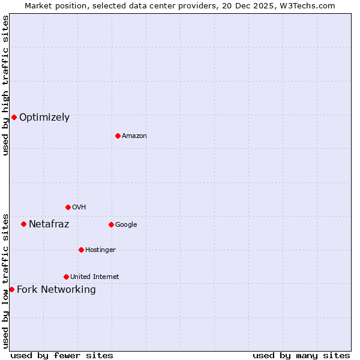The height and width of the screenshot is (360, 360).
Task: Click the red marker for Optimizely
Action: (x=14, y=117)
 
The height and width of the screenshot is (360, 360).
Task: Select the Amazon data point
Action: (x=118, y=136)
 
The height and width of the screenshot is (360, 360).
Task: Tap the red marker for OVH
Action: (x=68, y=207)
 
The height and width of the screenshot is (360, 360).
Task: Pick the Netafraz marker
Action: (x=23, y=224)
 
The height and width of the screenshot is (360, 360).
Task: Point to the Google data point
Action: (x=111, y=224)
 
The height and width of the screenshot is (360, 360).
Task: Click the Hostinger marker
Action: (x=81, y=250)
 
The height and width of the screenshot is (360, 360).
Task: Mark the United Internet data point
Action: (x=66, y=277)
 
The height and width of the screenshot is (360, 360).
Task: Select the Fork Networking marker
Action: (x=11, y=289)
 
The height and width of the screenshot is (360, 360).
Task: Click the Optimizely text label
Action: (x=44, y=118)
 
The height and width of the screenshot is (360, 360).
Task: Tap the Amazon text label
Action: (x=134, y=136)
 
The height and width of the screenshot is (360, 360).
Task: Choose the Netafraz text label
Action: (x=49, y=224)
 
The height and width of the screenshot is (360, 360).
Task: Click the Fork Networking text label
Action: (x=56, y=290)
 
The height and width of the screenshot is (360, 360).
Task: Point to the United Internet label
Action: (x=95, y=277)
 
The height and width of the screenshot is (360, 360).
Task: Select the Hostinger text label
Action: (x=100, y=250)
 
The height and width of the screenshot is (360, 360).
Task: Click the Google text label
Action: (x=126, y=225)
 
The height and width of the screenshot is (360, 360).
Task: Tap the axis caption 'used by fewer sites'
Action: (x=62, y=355)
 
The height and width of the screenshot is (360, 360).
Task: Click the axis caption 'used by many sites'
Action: (x=301, y=355)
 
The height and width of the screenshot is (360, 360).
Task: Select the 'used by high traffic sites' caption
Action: (x=5, y=85)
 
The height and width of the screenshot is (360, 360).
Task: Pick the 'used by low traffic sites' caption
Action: (x=5, y=281)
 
